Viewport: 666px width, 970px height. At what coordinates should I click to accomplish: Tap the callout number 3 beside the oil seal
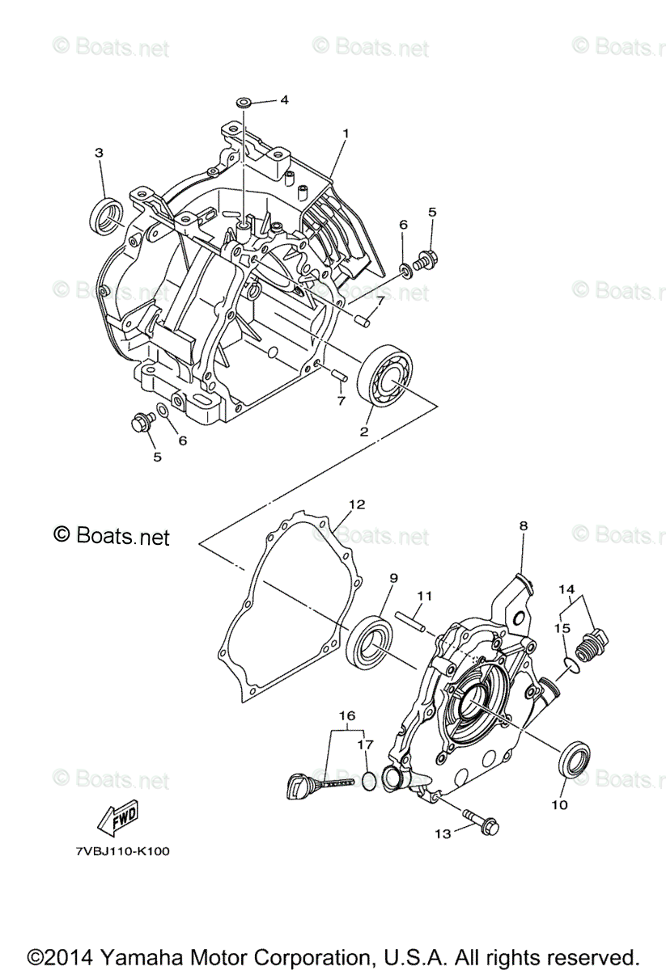pos(99,152)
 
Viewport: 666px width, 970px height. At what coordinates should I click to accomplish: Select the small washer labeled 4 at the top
pos(244,103)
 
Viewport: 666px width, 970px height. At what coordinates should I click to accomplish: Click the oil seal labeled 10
pos(575,757)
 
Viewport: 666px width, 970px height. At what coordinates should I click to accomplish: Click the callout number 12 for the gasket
pos(357,504)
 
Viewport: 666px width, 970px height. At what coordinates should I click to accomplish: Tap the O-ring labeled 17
pos(368,779)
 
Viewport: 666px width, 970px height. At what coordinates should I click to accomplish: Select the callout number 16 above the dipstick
pos(346,716)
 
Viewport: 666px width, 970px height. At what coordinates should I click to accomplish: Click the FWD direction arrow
pos(118,818)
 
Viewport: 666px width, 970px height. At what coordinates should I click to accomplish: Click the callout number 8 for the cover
pos(523,525)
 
